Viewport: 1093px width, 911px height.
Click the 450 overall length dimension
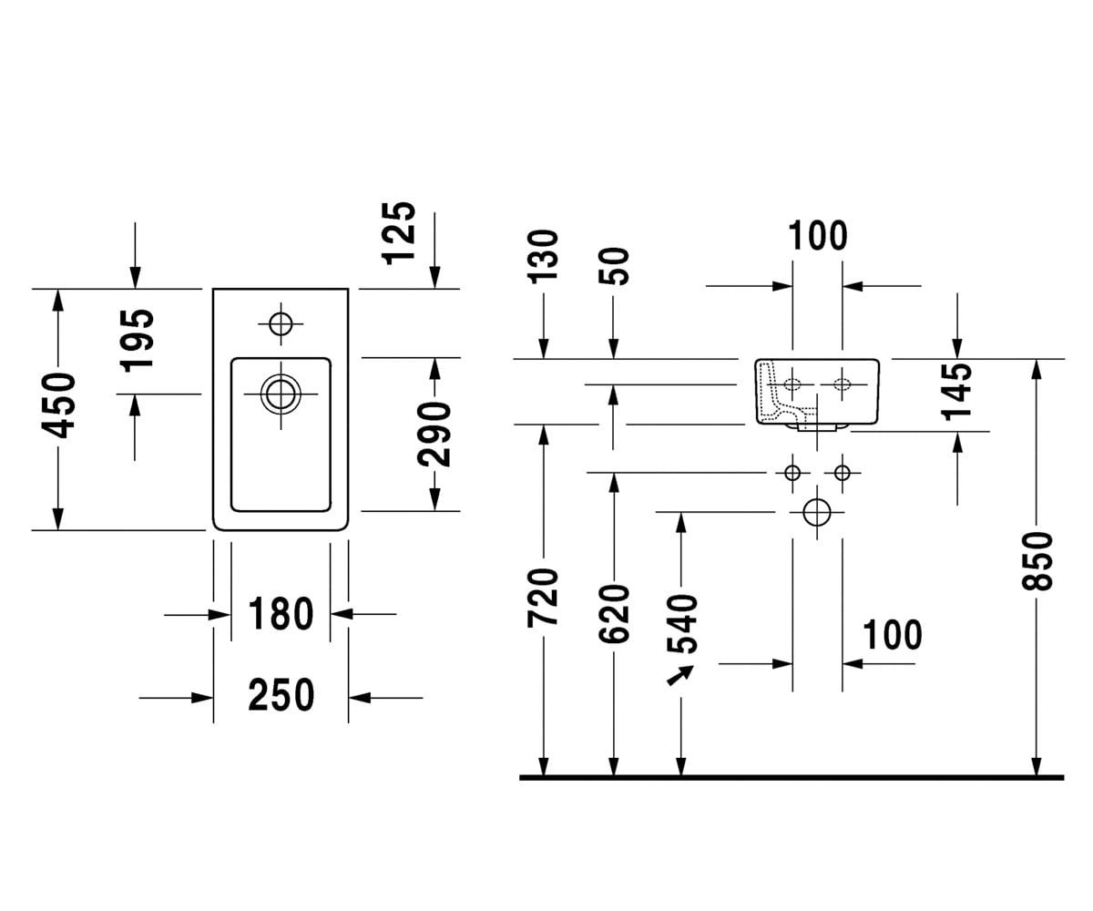[x=58, y=405]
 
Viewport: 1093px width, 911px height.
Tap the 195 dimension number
[x=138, y=341]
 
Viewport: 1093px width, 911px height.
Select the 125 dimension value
[x=399, y=233]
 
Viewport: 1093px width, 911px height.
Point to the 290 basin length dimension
[x=434, y=434]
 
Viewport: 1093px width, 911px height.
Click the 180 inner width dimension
[x=281, y=614]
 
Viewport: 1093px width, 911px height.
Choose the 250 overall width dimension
[x=281, y=695]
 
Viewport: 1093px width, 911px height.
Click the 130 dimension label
[x=543, y=257]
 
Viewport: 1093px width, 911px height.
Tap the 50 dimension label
[x=614, y=267]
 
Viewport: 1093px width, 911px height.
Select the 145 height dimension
[x=957, y=392]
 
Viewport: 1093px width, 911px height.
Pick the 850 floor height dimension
[x=1037, y=562]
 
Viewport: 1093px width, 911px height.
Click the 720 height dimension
[x=543, y=598]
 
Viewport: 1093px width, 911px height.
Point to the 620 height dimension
[x=614, y=614]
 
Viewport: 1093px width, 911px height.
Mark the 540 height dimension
[x=682, y=623]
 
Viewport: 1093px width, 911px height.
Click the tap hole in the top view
[x=281, y=324]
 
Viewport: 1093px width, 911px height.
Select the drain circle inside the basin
[x=281, y=394]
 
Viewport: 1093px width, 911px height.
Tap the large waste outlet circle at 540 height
[x=817, y=512]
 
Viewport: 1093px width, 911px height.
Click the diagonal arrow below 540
[x=680, y=675]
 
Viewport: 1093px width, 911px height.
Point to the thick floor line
[x=792, y=777]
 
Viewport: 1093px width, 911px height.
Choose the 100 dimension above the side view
[x=818, y=236]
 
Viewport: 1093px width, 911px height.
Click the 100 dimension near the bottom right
[x=893, y=635]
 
